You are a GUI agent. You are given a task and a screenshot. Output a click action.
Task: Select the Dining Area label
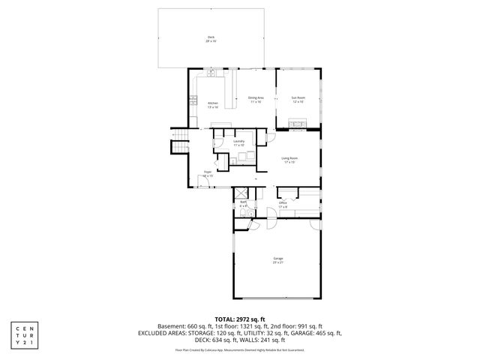coord(255,99)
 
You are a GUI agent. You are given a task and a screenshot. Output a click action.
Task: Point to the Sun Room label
coord(298,99)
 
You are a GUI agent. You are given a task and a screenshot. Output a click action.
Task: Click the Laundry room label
coord(239,142)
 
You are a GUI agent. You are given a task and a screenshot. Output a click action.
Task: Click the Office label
coord(283,204)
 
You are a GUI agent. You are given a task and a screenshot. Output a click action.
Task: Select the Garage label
coord(277,259)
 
